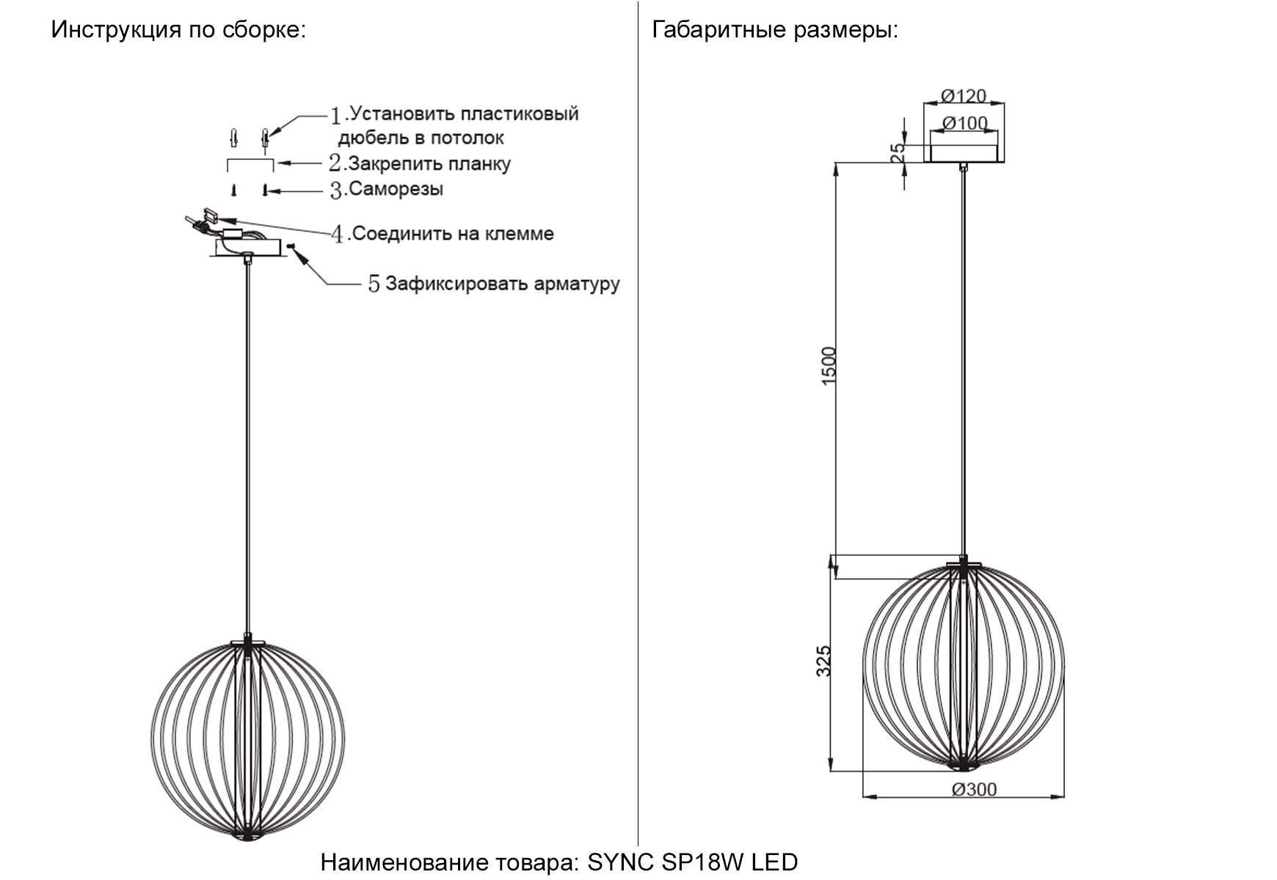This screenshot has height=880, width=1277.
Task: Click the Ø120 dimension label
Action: pos(964,95)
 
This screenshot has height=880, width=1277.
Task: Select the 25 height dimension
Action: pos(898,153)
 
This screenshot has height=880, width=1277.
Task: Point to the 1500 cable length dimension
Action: pos(829,367)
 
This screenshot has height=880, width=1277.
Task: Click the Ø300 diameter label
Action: pos(974,789)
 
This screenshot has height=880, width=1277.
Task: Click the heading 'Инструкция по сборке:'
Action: pos(178,30)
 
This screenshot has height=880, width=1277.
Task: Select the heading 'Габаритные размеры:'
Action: pos(775,30)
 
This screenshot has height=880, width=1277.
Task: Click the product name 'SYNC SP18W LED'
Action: pos(692,862)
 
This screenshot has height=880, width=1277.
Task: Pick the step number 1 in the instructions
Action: pos(336,115)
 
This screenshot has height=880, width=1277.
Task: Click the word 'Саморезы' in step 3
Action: pos(396,189)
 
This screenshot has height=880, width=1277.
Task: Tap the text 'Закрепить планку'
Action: pos(429,164)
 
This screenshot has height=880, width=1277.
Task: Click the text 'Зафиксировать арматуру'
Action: pos(502,284)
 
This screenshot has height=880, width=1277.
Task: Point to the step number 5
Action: pos(374,284)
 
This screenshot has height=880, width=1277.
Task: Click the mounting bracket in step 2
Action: pos(250,164)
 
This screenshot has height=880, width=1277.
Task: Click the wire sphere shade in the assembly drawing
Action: pos(248,741)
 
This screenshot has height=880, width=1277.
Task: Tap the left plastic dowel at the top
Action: pos(234,137)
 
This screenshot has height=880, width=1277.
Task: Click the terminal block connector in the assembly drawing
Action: pos(209,216)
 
